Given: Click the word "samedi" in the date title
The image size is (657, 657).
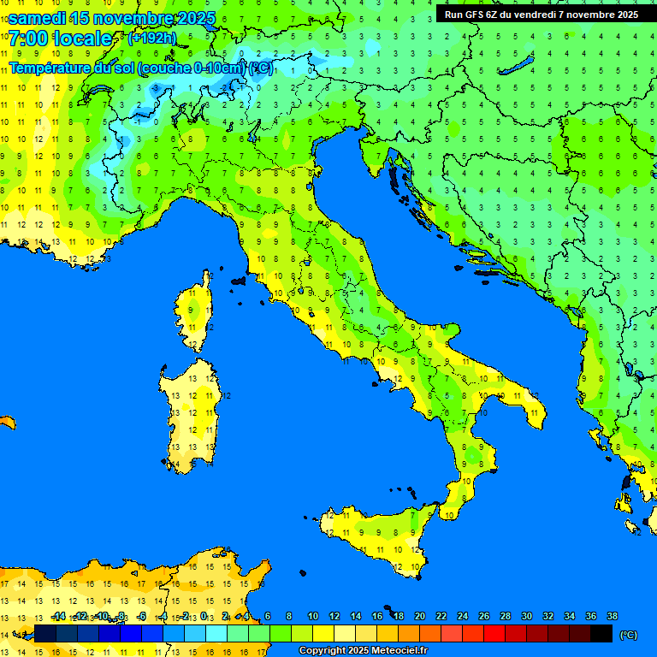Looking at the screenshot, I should (x=37, y=18).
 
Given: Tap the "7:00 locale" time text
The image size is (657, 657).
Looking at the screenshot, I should (x=60, y=38).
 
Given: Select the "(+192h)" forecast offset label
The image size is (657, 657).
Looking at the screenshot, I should (x=151, y=38).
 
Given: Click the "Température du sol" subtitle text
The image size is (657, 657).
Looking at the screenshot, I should (x=71, y=68).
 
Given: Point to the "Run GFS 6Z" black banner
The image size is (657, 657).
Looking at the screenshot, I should (x=542, y=15).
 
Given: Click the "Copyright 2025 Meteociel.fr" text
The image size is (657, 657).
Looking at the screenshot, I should (x=363, y=651).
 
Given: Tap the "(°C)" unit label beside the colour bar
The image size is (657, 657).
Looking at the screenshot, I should (x=628, y=635).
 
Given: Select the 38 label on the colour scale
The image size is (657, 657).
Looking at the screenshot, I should (x=612, y=616).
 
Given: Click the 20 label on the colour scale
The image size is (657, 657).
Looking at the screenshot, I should (x=419, y=616).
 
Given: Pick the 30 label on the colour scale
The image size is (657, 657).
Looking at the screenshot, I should (x=526, y=616).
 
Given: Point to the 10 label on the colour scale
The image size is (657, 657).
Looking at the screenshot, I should (x=312, y=616).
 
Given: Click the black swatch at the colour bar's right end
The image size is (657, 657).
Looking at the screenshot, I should (x=601, y=634).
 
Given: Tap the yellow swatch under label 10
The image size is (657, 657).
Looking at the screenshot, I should (x=323, y=634).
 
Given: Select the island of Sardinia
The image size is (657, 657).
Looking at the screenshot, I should (x=191, y=415).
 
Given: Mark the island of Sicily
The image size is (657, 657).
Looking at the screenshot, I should (x=376, y=535).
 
